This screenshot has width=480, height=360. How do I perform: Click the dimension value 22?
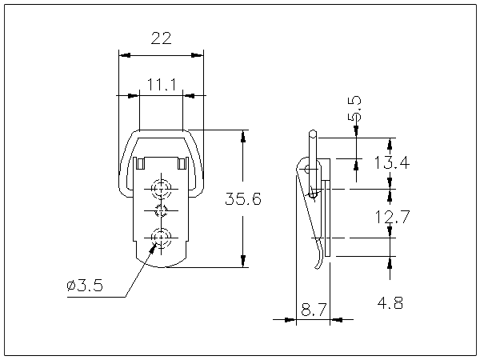coord(161,37)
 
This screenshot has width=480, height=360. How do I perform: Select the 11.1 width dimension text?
coord(161,84)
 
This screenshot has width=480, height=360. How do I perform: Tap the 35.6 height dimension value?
coord(242,199)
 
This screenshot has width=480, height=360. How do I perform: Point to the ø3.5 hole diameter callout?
coord(86,286)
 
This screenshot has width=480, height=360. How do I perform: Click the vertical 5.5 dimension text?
coord(354,108)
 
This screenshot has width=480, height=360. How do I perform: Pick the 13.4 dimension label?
coord(391,164)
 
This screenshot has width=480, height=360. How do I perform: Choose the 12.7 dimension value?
coord(391,215)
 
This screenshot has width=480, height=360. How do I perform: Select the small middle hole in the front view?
coord(161,211)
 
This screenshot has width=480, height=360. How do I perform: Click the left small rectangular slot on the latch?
coord(140,163)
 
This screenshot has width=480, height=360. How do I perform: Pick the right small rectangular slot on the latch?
coord(182,163)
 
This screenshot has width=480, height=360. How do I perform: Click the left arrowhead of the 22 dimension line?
coord(122,55)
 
